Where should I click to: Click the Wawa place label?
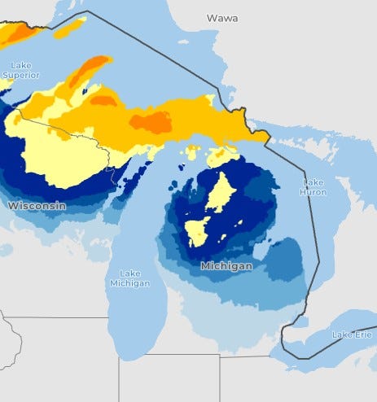click(222, 17)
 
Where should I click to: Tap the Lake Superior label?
click(20, 69)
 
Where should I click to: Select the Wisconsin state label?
click(37, 206)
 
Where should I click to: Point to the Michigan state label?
click(226, 266)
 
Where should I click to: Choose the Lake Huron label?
click(313, 187)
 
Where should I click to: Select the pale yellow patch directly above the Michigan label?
click(196, 232)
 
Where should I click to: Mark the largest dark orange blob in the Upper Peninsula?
click(151, 122)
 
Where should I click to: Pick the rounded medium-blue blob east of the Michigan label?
click(285, 260)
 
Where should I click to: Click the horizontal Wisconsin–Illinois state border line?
click(57, 317)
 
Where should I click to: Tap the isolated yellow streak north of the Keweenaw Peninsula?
click(68, 28)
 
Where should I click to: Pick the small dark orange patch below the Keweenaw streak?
click(103, 100)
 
